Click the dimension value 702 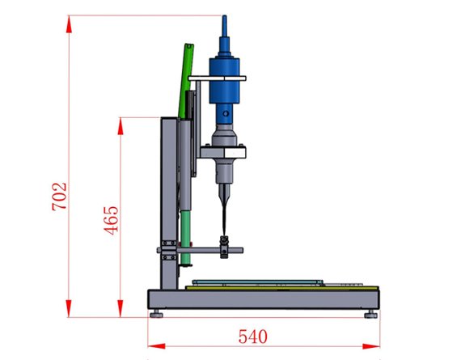tap(59, 197)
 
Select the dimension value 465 tap(112, 221)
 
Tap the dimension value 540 tap(253, 337)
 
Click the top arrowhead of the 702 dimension tap(69, 24)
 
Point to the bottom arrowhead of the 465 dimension tap(121, 308)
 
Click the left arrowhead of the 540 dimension tap(156, 346)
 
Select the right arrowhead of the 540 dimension tap(371, 346)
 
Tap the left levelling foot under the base tap(156, 314)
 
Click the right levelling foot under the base tap(371, 314)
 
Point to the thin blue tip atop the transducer tap(225, 26)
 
